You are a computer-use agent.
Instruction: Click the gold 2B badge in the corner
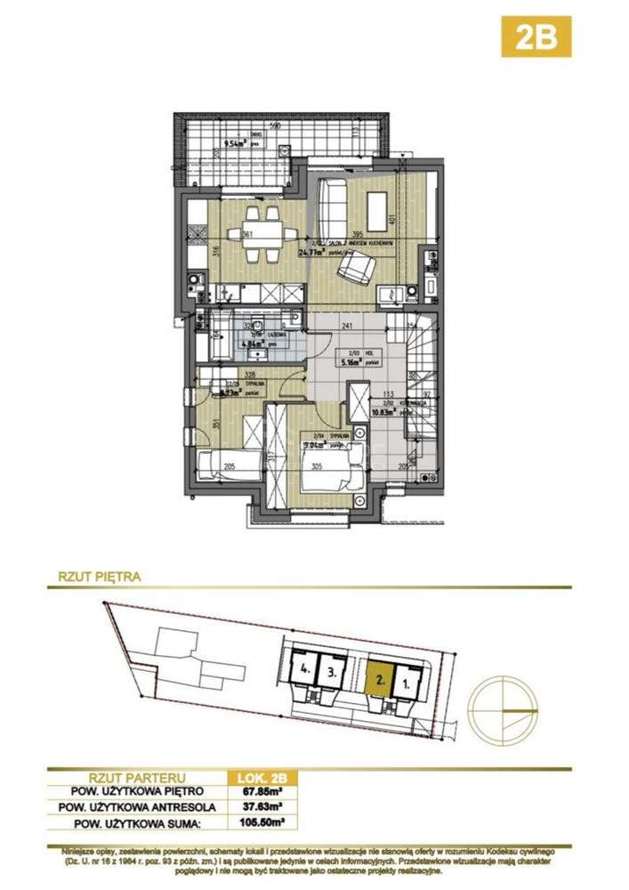(536, 36)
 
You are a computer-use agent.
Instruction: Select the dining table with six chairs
(262, 234)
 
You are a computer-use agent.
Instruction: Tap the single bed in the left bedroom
(230, 464)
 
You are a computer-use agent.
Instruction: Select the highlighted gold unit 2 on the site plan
(379, 681)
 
